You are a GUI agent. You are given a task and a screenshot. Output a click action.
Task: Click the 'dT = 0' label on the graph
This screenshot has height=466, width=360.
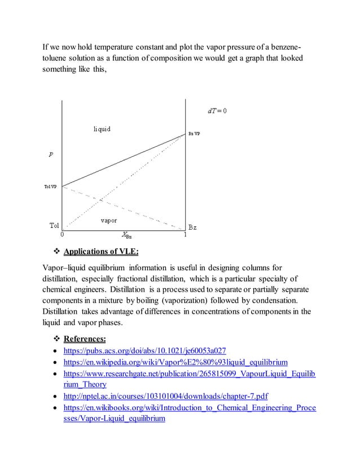[x=217, y=111]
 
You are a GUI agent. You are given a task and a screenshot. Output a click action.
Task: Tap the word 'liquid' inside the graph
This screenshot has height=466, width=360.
[x=102, y=129]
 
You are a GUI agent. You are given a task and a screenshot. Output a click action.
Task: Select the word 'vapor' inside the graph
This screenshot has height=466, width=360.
[x=108, y=220]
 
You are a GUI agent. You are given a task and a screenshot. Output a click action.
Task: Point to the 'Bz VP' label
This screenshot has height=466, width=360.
[x=194, y=134]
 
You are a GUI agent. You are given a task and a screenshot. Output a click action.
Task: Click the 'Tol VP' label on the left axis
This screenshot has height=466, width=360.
[x=50, y=187]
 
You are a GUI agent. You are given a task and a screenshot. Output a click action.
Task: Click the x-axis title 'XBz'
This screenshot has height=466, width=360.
[x=128, y=236]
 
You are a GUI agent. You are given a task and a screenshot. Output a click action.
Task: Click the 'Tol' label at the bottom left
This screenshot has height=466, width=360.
[x=54, y=226]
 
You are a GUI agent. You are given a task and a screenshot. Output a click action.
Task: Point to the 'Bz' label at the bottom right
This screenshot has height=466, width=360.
[x=192, y=227]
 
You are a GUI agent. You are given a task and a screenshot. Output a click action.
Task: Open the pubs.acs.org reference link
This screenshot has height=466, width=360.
[x=145, y=351]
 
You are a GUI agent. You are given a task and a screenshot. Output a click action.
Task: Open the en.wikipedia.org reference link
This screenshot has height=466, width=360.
[x=176, y=362]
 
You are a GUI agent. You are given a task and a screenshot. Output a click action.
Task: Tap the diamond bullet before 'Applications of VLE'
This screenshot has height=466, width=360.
[x=55, y=252]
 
